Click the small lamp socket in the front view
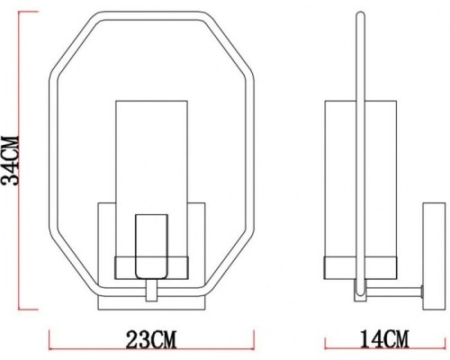point(150,246)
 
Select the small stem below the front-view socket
point(150,291)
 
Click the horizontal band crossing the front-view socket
point(150,266)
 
